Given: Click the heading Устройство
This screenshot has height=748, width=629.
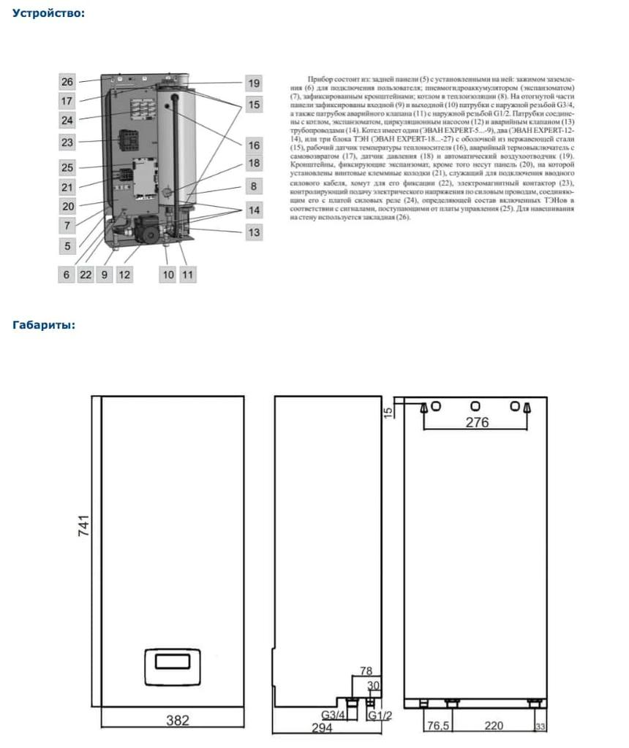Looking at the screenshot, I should (49, 13).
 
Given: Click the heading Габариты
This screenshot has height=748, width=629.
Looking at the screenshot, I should (44, 325).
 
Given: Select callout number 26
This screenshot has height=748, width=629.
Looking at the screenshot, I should (67, 82).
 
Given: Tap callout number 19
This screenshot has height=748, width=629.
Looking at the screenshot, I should (253, 83).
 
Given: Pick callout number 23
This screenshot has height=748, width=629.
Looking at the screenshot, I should (67, 142).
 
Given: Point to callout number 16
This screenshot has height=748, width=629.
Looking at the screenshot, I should (253, 145).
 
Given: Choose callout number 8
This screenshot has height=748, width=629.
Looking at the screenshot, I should (253, 186).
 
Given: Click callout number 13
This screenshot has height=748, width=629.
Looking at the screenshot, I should (253, 232).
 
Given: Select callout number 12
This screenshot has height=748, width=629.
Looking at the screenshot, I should (124, 275).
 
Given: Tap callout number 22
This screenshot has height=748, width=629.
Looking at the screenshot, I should (86, 275).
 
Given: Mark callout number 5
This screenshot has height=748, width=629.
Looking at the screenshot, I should (67, 246).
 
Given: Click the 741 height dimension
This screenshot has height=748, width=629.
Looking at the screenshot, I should (84, 525).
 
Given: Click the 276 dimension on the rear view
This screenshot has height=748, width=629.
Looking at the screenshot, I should (477, 423).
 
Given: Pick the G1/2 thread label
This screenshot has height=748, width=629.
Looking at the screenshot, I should (382, 714).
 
